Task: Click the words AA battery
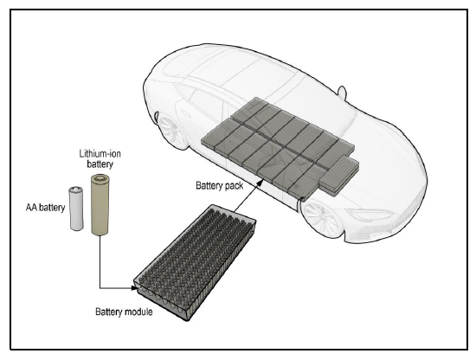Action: pyautogui.click(x=45, y=208)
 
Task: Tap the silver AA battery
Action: pyautogui.click(x=76, y=209)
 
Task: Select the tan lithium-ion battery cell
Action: pyautogui.click(x=100, y=204)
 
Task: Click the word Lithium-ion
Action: pyautogui.click(x=100, y=153)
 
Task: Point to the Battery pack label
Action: pyautogui.click(x=219, y=185)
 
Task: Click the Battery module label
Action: pyautogui.click(x=124, y=312)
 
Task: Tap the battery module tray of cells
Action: pyautogui.click(x=195, y=262)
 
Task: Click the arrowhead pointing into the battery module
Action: pyautogui.click(x=134, y=287)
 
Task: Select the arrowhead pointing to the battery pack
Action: pyautogui.click(x=260, y=183)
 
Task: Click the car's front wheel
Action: pyautogui.click(x=321, y=220)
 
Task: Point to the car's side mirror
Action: pyautogui.click(x=342, y=92)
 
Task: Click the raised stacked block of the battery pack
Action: pyautogui.click(x=339, y=175)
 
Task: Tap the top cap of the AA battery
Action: pyautogui.click(x=76, y=190)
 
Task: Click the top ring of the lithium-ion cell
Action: pyautogui.click(x=100, y=178)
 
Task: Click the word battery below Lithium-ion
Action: pyautogui.click(x=100, y=164)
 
